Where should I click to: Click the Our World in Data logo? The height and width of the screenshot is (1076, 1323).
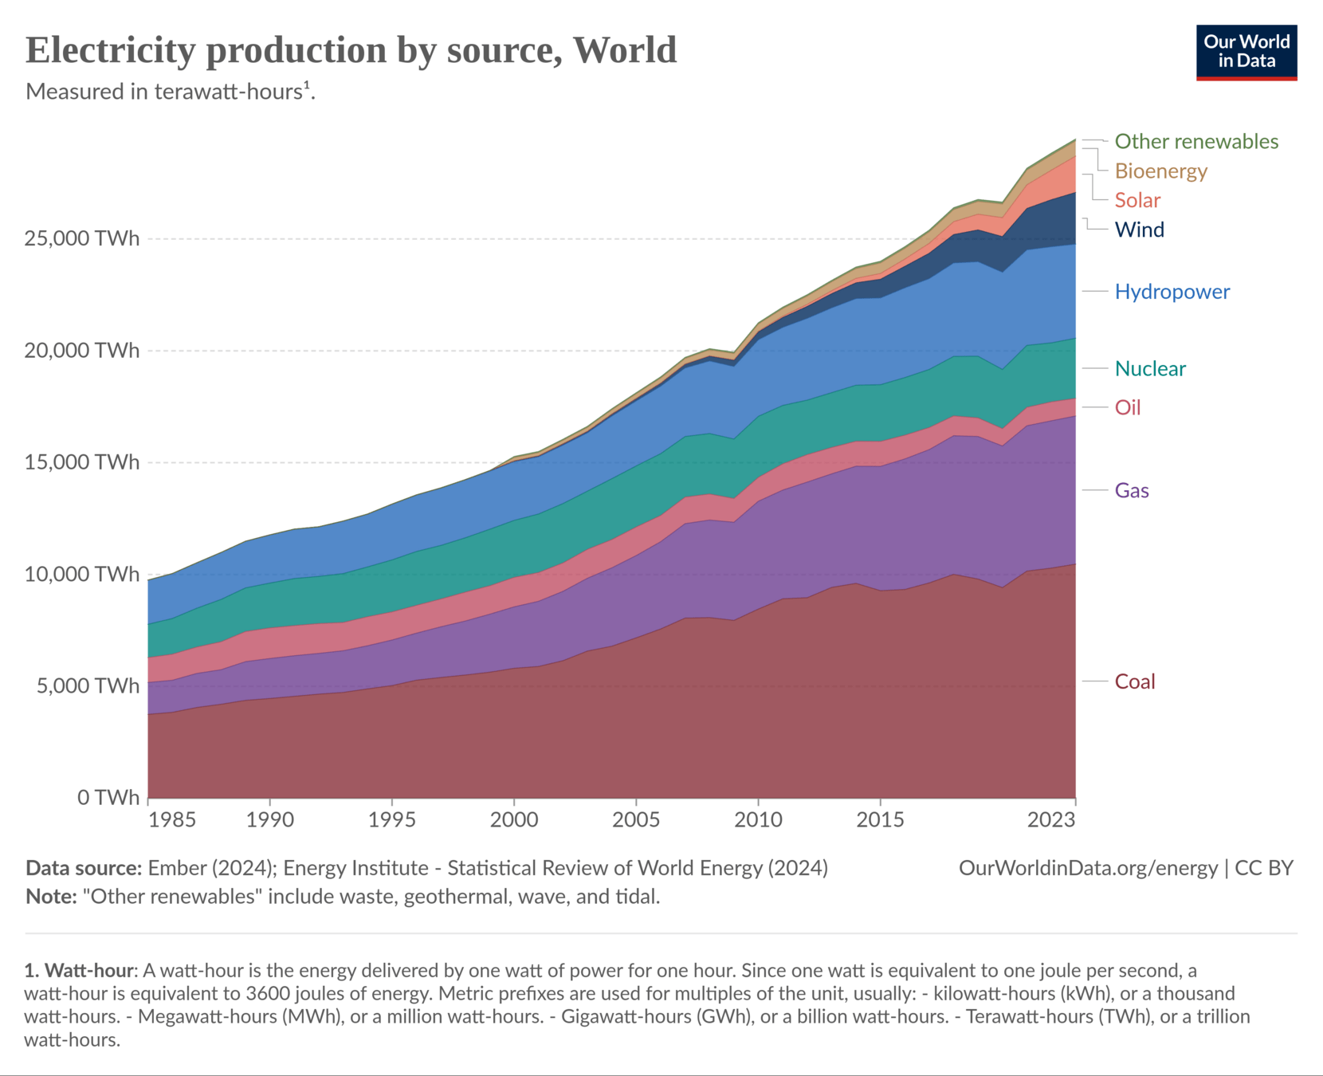click(1246, 53)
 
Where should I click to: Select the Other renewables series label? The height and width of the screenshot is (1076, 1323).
click(1195, 142)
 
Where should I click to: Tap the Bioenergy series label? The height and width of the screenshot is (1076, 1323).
click(1160, 171)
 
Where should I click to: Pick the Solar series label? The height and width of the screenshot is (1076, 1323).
click(1137, 200)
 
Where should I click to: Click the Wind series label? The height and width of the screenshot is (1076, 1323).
click(1139, 230)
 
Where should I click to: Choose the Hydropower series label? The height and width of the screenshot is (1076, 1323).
click(1172, 292)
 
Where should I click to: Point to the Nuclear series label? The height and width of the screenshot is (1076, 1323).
click(1149, 369)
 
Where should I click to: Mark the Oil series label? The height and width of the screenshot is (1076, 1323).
click(1127, 408)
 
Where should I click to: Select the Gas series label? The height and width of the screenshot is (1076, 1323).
click(1131, 491)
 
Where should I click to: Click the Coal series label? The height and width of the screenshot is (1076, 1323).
click(1134, 682)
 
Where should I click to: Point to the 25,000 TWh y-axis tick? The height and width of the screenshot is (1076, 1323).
click(82, 238)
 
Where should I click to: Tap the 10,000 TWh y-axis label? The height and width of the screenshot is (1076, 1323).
click(82, 575)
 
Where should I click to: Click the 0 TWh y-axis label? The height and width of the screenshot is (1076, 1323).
click(108, 798)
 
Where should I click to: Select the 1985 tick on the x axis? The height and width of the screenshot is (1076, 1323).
click(171, 820)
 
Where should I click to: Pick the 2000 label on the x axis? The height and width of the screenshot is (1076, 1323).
click(514, 820)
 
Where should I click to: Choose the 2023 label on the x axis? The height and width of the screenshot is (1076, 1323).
click(1051, 820)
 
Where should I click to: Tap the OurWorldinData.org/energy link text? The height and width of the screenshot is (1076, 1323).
click(1088, 868)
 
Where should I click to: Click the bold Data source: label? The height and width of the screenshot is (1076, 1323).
click(84, 868)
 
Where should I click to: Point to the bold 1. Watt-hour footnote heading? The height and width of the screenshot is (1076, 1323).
click(80, 971)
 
